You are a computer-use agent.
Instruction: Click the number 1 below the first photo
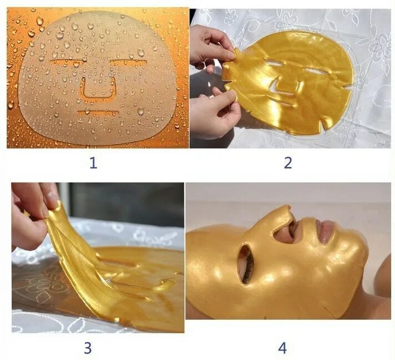pos(93,163)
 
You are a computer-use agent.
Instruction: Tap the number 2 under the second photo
pos(288,163)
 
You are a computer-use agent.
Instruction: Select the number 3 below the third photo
pos(88,348)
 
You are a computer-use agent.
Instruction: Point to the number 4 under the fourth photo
pos(282,348)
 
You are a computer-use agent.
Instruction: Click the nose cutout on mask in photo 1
pos(99,89)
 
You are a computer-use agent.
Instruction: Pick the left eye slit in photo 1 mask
pos(65,60)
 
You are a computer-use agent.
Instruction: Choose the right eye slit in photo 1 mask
pos(128,60)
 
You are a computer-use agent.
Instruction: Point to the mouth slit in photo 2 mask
pos(283,104)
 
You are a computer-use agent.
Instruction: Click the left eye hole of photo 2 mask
pos(274,64)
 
